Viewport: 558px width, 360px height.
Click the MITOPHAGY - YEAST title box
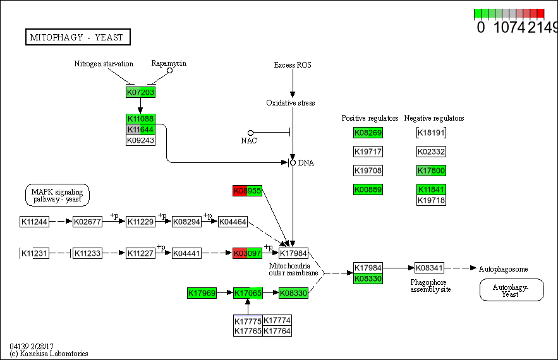[x=78, y=37]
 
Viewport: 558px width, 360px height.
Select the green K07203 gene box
[x=140, y=92]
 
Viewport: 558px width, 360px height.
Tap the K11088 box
[x=140, y=119]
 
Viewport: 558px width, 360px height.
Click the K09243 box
[x=140, y=140]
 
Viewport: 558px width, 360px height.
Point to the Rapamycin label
[x=169, y=63]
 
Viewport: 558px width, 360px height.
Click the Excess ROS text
[x=293, y=65]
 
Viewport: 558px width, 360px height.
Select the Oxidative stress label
[x=290, y=103]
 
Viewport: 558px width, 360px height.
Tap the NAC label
[x=248, y=140]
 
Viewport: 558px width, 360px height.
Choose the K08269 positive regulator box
[x=368, y=133]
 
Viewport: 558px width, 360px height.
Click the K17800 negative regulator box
[x=432, y=171]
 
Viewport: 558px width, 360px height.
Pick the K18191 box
[x=432, y=133]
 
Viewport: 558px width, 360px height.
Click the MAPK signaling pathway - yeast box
[x=58, y=195]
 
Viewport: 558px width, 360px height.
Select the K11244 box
[x=34, y=222]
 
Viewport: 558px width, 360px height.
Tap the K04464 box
[x=233, y=222]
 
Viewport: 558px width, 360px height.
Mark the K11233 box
[x=87, y=253]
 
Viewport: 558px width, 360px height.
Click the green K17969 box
[x=202, y=293]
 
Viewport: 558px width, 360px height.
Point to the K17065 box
[x=248, y=293]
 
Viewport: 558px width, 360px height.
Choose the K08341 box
[x=430, y=268]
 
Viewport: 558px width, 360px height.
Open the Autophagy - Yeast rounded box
[x=511, y=290]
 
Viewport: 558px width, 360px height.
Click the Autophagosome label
[x=503, y=268]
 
